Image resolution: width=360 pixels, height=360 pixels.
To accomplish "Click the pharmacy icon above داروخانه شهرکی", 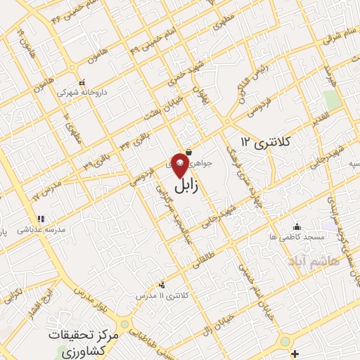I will (82, 82).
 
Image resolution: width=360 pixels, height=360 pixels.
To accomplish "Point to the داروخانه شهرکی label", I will (75, 92).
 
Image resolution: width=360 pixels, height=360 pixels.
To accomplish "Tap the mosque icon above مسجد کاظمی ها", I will (296, 226).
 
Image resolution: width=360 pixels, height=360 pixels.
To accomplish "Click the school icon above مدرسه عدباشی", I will (41, 219).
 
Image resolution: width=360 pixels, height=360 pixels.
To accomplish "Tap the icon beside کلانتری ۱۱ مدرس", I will (163, 285).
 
